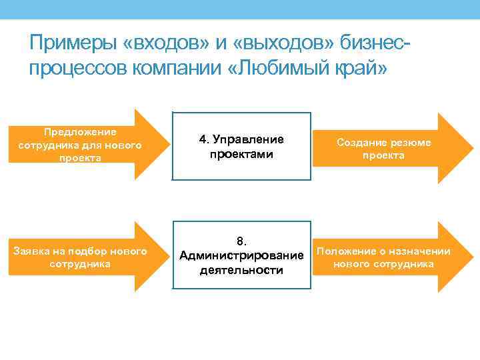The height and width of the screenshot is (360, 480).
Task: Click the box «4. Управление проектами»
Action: pos(241,147)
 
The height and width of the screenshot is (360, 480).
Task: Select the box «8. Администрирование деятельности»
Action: pos(241,255)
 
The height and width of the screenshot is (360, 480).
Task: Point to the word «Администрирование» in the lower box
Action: pos(241,255)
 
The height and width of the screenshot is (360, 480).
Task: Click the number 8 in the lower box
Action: pos(241,241)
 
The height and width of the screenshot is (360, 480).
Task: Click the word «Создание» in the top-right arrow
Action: pos(361,142)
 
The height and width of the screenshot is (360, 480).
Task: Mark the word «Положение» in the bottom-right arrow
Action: pos(343,251)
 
